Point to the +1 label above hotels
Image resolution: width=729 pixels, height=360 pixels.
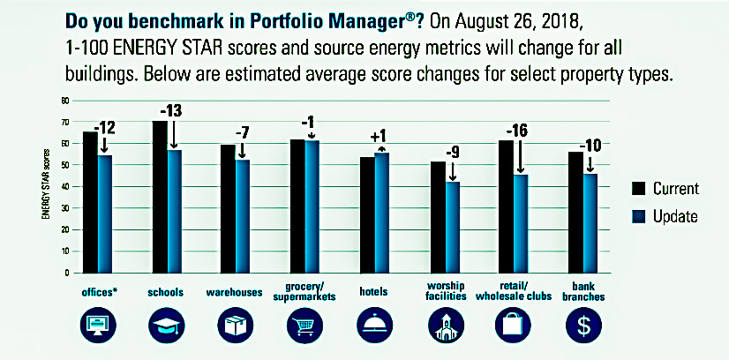(x=379, y=137)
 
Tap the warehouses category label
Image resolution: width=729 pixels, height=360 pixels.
(x=234, y=292)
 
